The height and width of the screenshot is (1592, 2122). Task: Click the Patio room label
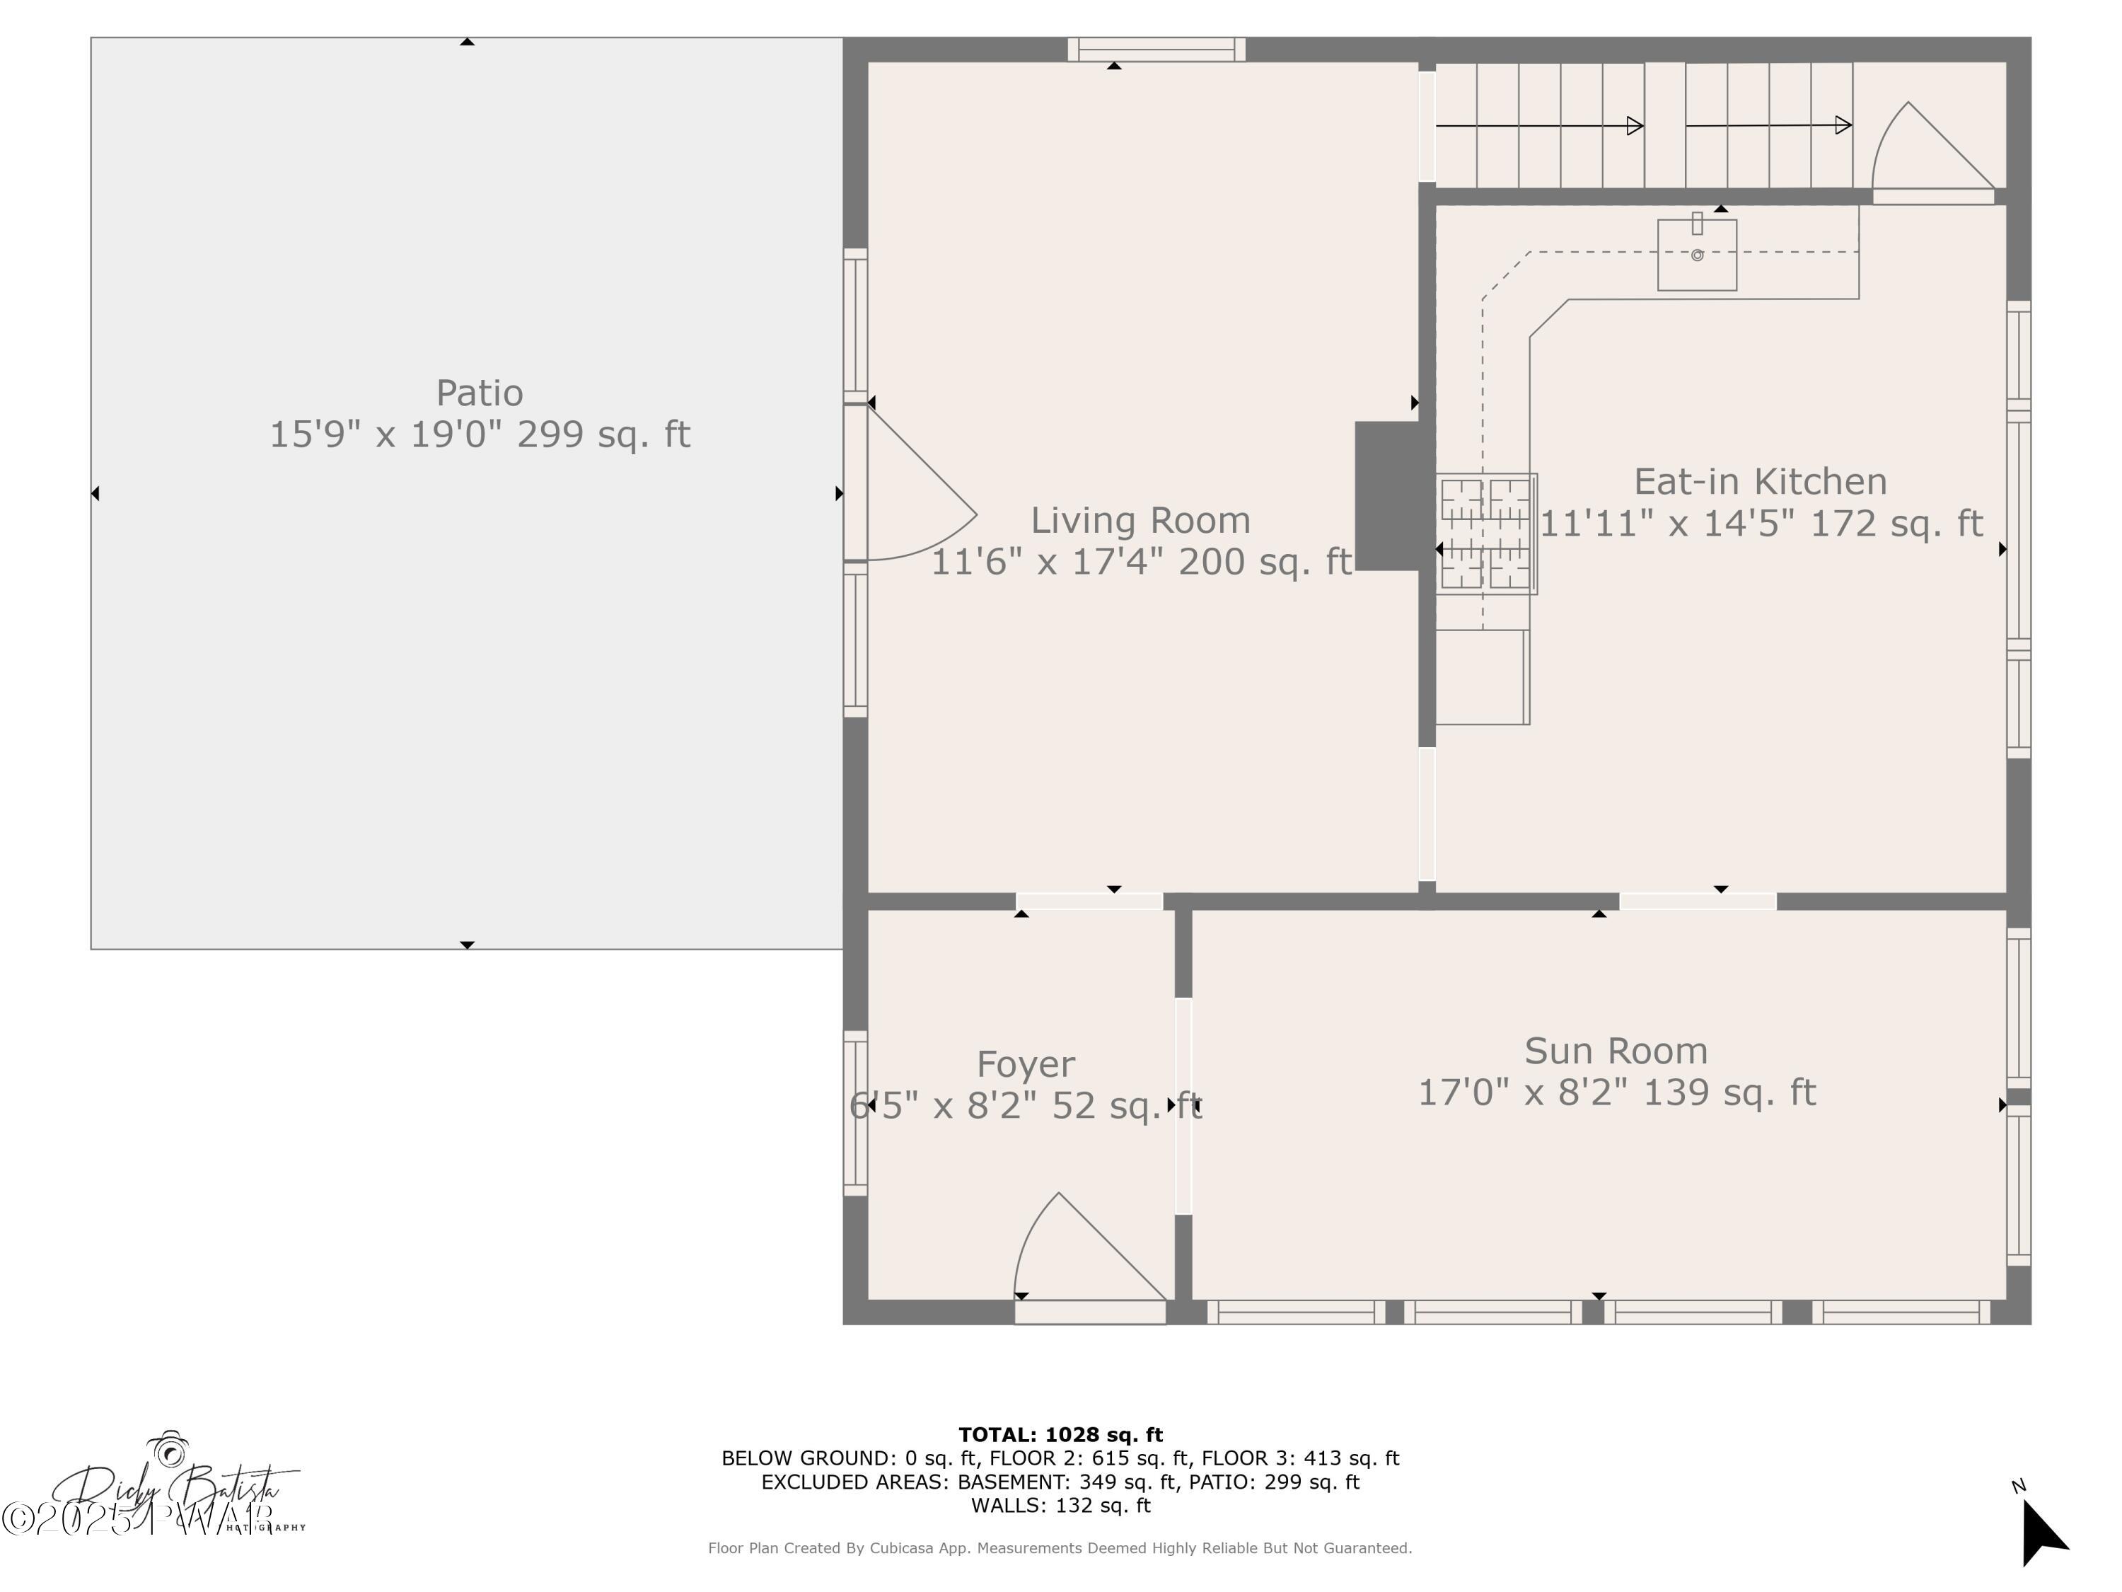point(479,393)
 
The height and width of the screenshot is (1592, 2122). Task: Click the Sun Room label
point(1616,1051)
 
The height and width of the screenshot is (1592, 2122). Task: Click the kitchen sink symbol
point(1696,254)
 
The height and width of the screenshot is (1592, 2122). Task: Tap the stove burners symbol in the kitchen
point(1486,533)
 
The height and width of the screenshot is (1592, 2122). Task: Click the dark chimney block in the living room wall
point(1386,496)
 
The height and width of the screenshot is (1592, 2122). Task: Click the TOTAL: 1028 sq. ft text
point(1060,1435)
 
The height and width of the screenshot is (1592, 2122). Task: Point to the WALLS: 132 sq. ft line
point(1060,1506)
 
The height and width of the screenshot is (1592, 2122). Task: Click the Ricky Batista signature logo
point(173,1487)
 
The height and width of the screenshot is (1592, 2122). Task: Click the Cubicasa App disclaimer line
point(1060,1548)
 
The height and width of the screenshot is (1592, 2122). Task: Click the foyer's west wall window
point(854,1113)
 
